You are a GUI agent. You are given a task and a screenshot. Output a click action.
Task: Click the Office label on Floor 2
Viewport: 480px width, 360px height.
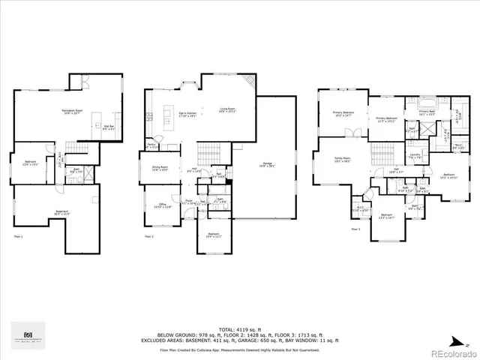(x=163, y=205)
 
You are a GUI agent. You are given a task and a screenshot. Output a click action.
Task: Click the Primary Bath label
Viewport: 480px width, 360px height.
(x=426, y=113)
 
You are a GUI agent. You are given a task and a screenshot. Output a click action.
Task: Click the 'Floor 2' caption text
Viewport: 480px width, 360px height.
(x=148, y=237)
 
